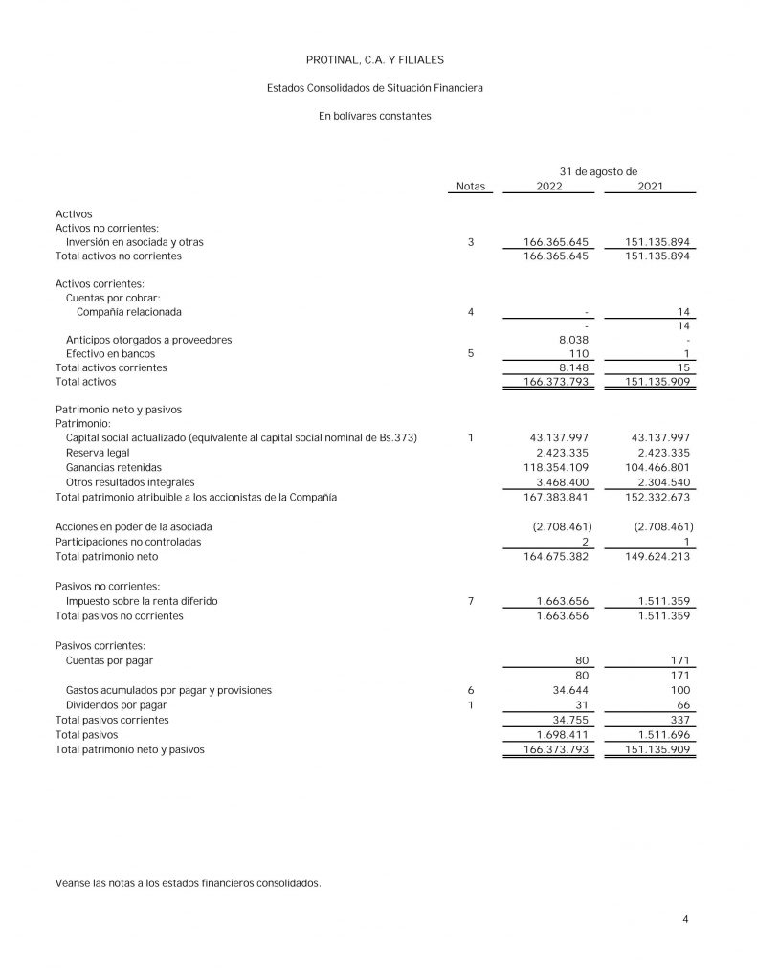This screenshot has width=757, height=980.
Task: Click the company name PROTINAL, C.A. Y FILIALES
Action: pyautogui.click(x=375, y=60)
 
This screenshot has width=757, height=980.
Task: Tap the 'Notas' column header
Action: pyautogui.click(x=471, y=186)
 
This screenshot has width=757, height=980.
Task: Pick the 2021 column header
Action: pyautogui.click(x=650, y=186)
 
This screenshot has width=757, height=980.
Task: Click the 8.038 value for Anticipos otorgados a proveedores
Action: pyautogui.click(x=576, y=340)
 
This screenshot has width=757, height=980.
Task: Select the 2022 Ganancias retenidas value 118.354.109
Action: pyautogui.click(x=560, y=467)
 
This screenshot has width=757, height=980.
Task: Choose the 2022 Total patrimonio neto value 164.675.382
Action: pyautogui.click(x=560, y=556)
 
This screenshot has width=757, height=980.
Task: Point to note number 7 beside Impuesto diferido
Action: pyautogui.click(x=471, y=601)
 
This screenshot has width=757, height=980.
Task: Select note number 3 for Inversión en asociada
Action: pyautogui.click(x=471, y=243)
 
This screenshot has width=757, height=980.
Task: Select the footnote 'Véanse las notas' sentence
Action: pyautogui.click(x=188, y=882)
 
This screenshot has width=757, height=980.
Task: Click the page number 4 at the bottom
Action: pyautogui.click(x=686, y=920)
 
